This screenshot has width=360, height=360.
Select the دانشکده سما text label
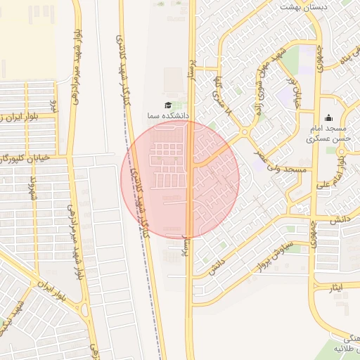[x=166, y=115]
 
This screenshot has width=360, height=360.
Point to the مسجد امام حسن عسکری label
[x=327, y=134]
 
